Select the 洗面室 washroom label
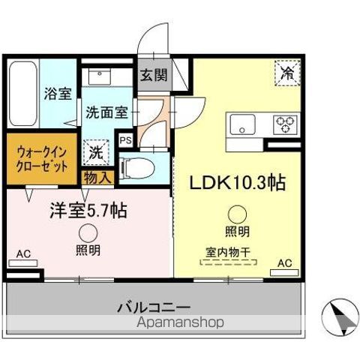click(106, 114)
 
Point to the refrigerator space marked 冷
click(286, 73)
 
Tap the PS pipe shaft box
click(126, 140)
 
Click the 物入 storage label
click(97, 178)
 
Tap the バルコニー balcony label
click(154, 307)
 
